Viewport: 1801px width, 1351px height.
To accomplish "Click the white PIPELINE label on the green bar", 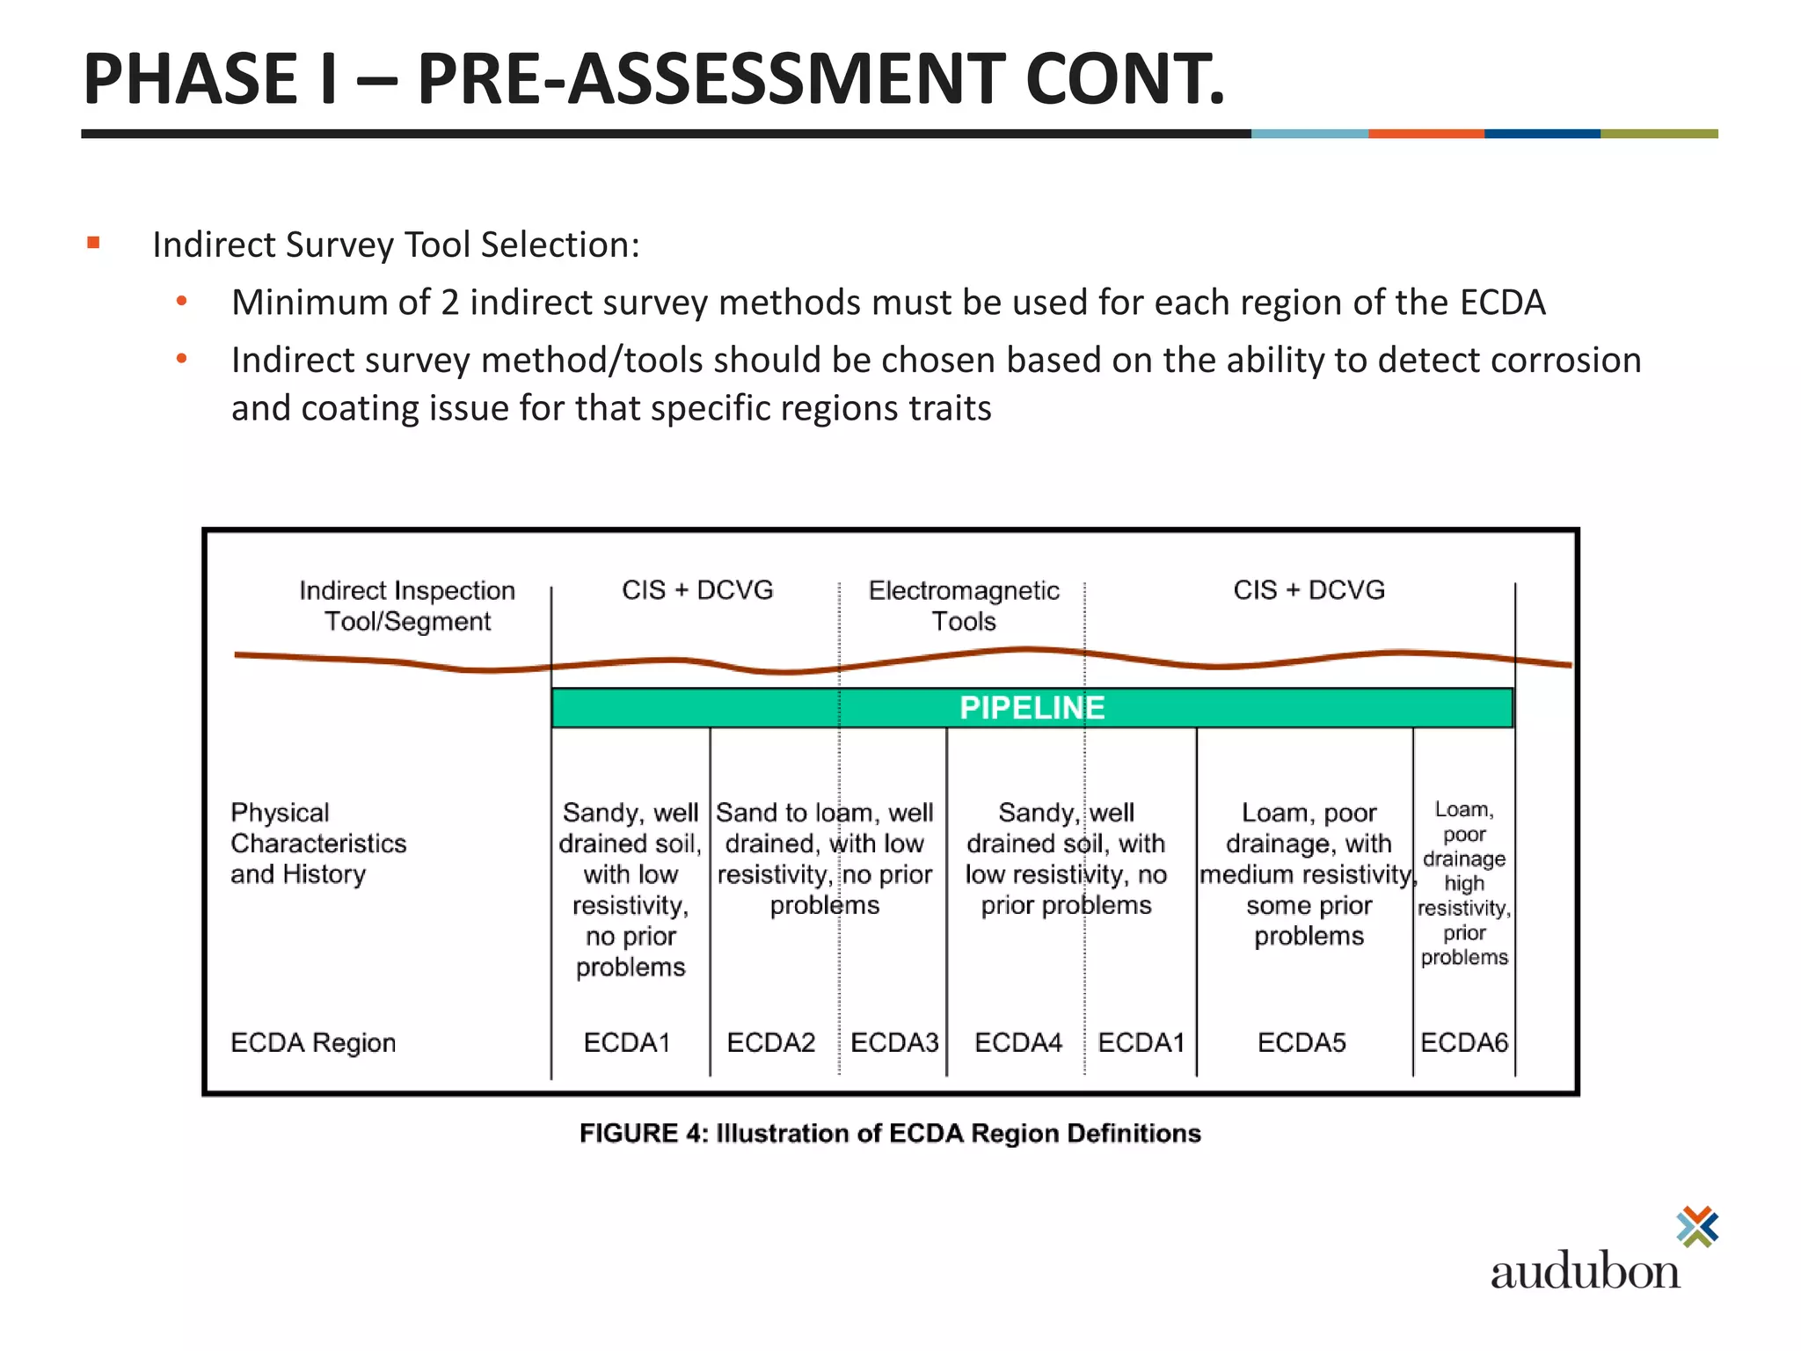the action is (x=1032, y=708).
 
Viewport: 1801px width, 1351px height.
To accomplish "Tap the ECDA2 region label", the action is (x=770, y=1042).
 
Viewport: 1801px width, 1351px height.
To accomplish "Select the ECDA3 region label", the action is (x=894, y=1042).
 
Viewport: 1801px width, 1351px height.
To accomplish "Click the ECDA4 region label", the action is (x=1018, y=1042).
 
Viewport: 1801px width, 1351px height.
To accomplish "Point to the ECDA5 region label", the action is (x=1302, y=1042).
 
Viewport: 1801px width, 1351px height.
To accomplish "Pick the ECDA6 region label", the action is (x=1464, y=1042).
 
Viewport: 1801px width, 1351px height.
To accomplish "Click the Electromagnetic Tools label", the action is (x=964, y=605).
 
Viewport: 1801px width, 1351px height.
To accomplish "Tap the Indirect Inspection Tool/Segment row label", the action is (x=407, y=605).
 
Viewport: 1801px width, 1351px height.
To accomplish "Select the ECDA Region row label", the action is (x=313, y=1042).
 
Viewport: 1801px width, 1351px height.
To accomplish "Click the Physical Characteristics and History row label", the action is (x=318, y=843).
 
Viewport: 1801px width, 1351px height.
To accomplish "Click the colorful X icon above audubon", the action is (x=1697, y=1226).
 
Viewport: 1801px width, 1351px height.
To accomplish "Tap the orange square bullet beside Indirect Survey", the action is (x=94, y=243).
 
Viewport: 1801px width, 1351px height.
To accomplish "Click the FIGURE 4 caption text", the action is (x=890, y=1133).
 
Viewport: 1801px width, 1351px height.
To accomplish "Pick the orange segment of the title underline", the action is (x=1426, y=134).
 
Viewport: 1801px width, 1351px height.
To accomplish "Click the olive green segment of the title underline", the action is (x=1659, y=134).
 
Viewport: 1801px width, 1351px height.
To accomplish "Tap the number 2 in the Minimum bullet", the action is (x=449, y=303).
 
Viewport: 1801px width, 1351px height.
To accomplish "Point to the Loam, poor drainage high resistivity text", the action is (x=1464, y=882).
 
